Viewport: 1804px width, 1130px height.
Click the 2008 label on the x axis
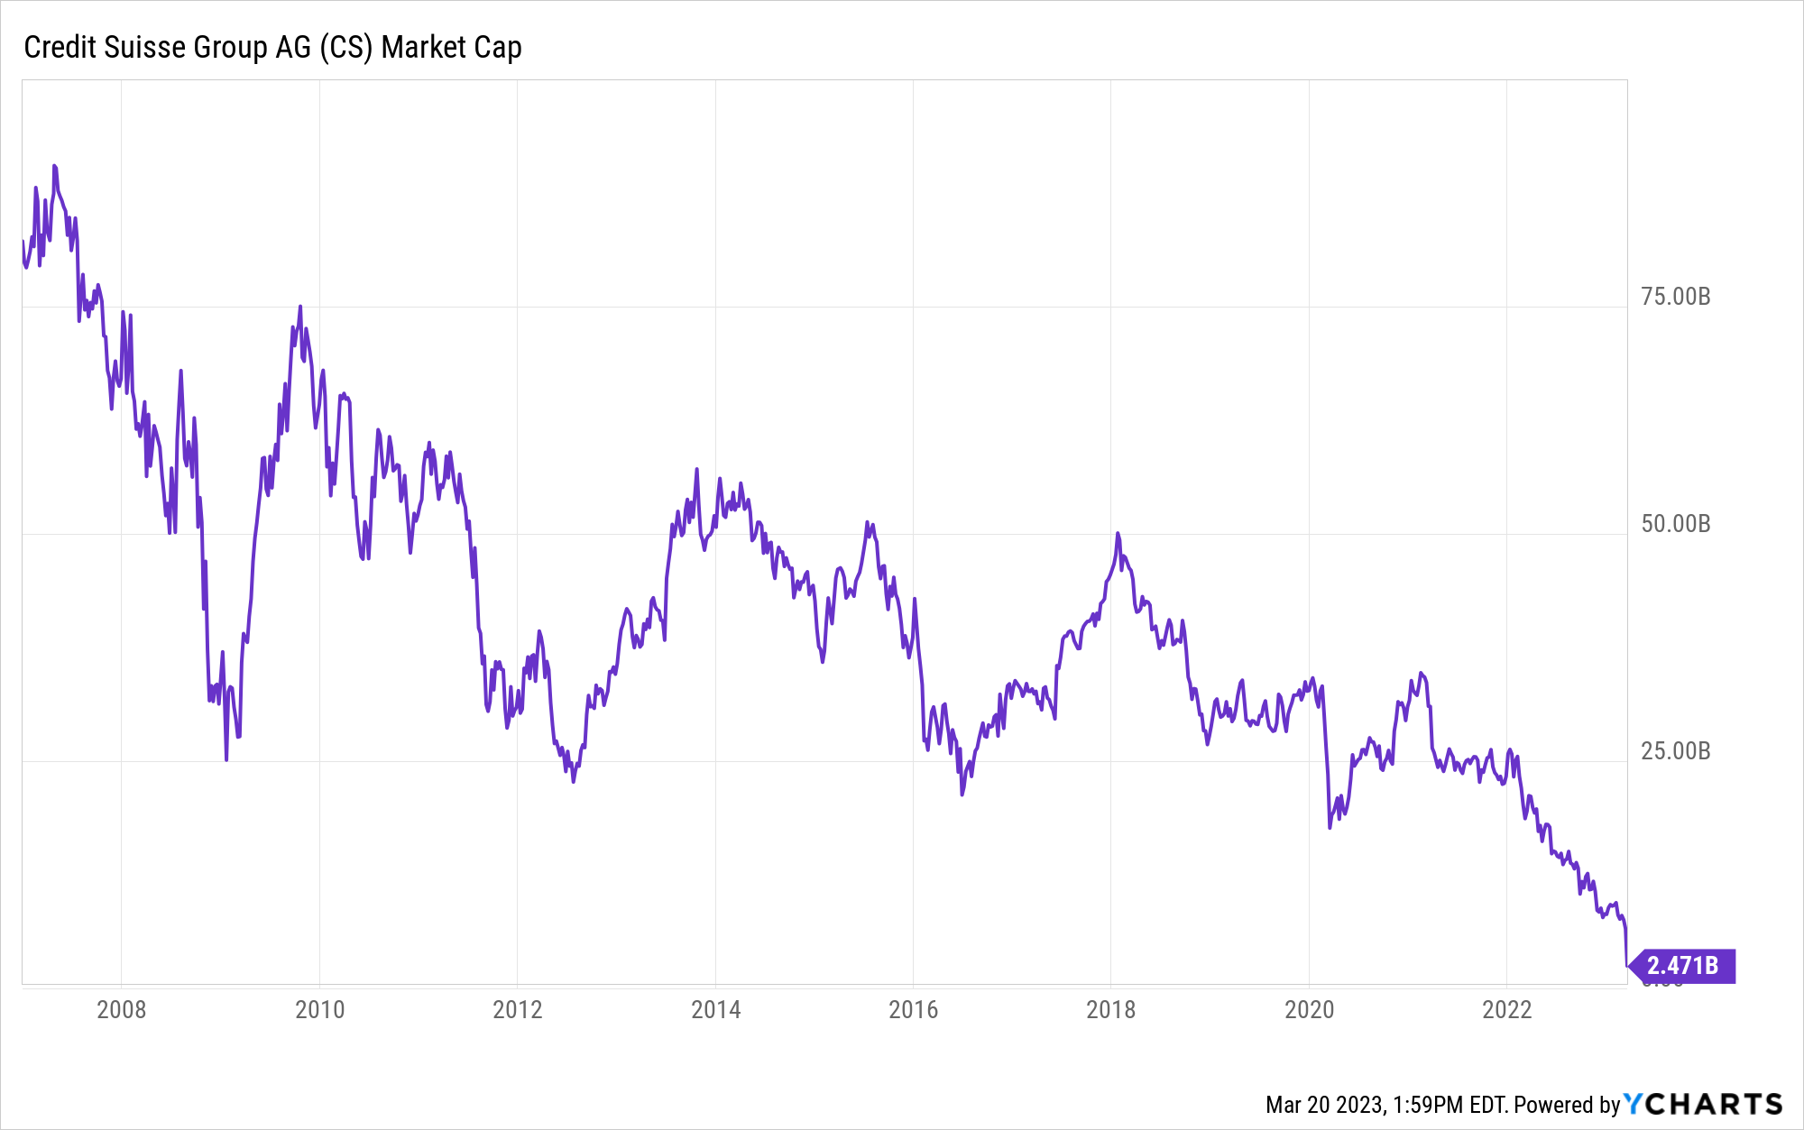(121, 1009)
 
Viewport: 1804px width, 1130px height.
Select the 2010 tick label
(319, 1009)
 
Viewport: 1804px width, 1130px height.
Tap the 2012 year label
(518, 1009)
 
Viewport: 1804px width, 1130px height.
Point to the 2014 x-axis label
(715, 1009)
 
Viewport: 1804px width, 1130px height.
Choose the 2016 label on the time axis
(913, 1009)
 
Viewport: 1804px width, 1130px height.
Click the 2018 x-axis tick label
(1110, 1009)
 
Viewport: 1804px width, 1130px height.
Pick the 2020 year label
(1309, 1009)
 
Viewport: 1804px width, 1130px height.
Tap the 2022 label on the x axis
(1506, 1009)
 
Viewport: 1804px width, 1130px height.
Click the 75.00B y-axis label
(1675, 297)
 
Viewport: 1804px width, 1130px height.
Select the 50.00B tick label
(1675, 524)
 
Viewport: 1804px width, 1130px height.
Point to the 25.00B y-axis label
(1675, 751)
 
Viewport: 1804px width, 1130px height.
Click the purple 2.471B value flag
(1682, 966)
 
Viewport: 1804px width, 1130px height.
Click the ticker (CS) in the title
(345, 47)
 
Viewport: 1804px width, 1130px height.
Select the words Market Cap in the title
(451, 47)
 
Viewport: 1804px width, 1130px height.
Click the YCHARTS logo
(1703, 1104)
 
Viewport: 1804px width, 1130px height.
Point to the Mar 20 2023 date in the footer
(1324, 1105)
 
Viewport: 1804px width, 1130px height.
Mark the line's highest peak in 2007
(54, 166)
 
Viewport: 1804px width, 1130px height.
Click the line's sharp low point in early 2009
(226, 759)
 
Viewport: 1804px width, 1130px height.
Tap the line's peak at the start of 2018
(1118, 533)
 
